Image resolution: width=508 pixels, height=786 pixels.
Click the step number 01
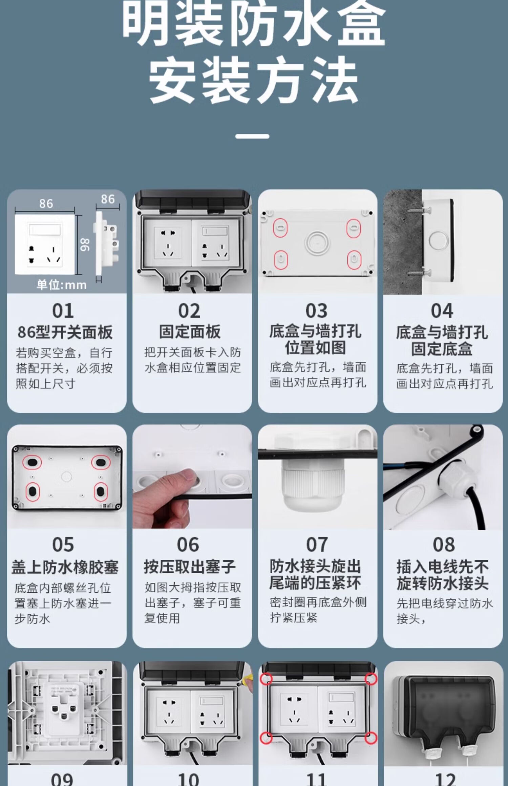coord(63,311)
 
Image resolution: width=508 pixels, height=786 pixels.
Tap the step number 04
coord(442,311)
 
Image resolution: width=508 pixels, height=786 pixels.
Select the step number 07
coord(317,545)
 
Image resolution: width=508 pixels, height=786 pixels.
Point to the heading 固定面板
coord(190,332)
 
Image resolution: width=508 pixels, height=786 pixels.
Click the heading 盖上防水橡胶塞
coord(65,567)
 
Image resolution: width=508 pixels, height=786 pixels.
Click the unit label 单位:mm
coord(62,285)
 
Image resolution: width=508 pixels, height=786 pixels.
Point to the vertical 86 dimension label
coord(85,245)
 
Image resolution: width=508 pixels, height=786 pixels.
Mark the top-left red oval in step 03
coord(280,228)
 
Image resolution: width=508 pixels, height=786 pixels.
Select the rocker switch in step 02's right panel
coord(215,231)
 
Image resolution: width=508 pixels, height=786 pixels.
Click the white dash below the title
coord(253,136)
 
